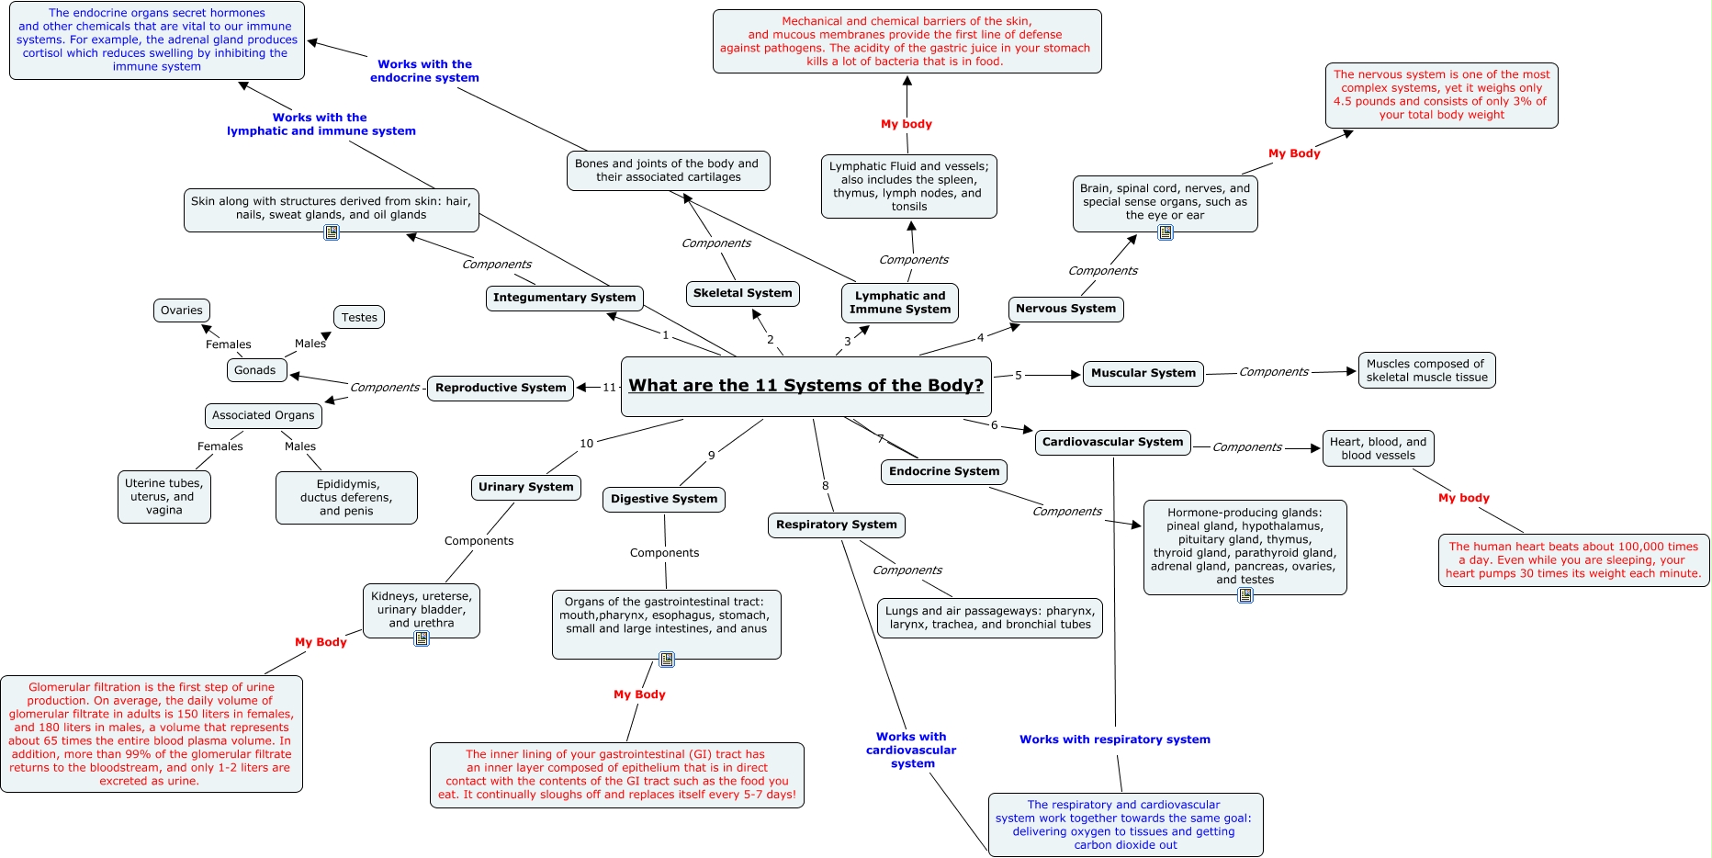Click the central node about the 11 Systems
pyautogui.click(x=805, y=386)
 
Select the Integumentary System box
pyautogui.click(x=564, y=298)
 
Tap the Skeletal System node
pyautogui.click(x=742, y=293)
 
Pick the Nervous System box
pyautogui.click(x=1065, y=309)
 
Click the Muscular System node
pyautogui.click(x=1143, y=373)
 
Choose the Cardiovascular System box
pyautogui.click(x=1112, y=442)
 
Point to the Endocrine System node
pyautogui.click(x=943, y=471)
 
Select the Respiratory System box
pyautogui.click(x=836, y=525)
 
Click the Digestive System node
pyautogui.click(x=664, y=499)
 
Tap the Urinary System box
pyautogui.click(x=525, y=487)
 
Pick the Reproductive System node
pyautogui.click(x=501, y=388)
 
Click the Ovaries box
pyautogui.click(x=182, y=310)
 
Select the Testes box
pyautogui.click(x=359, y=318)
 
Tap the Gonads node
pyautogui.click(x=254, y=370)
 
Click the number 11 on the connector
pyautogui.click(x=609, y=388)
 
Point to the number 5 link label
pyautogui.click(x=1018, y=375)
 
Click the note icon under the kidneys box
pyautogui.click(x=422, y=638)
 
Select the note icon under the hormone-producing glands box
pyautogui.click(x=1245, y=595)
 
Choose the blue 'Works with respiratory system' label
pyautogui.click(x=1114, y=739)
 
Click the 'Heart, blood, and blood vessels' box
pyautogui.click(x=1378, y=448)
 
